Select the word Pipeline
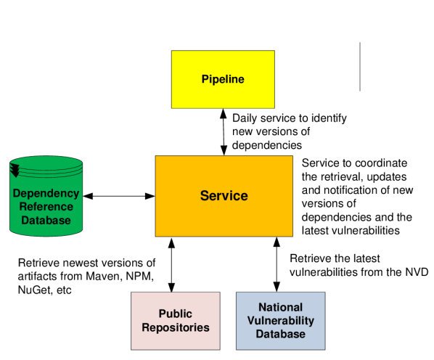pyautogui.click(x=223, y=80)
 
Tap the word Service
pyautogui.click(x=224, y=196)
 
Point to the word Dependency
pyautogui.click(x=46, y=194)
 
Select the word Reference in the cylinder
pyautogui.click(x=46, y=207)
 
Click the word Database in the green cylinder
pyautogui.click(x=46, y=220)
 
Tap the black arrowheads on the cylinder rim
pyautogui.click(x=15, y=171)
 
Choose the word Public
pyautogui.click(x=176, y=314)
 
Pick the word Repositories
pyautogui.click(x=176, y=327)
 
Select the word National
pyautogui.click(x=281, y=308)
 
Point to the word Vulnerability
pyautogui.click(x=281, y=321)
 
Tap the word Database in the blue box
pyautogui.click(x=281, y=334)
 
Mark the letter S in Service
pyautogui.click(x=205, y=196)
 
